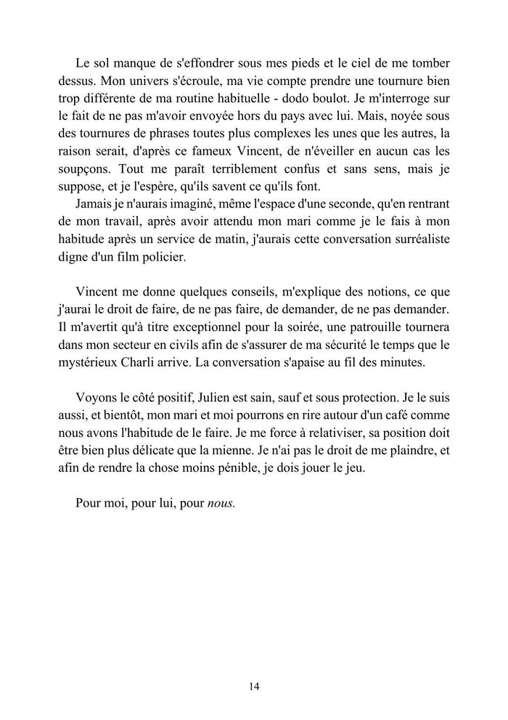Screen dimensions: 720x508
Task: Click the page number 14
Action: (x=254, y=686)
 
